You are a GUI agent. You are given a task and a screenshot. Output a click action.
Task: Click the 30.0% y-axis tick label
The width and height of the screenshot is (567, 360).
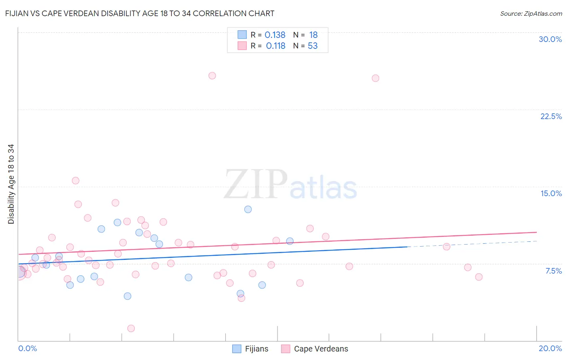point(550,39)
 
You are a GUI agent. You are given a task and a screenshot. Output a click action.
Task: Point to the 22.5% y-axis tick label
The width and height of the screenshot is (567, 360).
point(551,116)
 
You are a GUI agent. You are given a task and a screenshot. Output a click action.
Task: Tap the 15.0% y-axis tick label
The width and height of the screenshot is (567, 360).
point(551,193)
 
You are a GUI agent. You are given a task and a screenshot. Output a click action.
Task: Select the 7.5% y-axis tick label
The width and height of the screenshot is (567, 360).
point(553,271)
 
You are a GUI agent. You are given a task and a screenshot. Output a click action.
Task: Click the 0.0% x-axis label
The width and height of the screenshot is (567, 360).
point(27,348)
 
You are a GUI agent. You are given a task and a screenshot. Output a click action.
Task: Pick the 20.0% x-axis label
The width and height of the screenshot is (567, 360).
point(550,348)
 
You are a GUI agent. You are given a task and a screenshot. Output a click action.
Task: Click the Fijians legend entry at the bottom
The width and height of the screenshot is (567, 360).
point(250,349)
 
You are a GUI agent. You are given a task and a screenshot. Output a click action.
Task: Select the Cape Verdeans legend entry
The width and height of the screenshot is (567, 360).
point(315,349)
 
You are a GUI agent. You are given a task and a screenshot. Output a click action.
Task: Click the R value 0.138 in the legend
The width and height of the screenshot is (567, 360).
point(275,35)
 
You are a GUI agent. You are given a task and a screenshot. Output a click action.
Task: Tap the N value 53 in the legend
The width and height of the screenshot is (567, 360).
point(313,46)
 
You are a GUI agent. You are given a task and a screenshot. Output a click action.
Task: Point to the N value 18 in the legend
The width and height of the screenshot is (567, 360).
point(313,35)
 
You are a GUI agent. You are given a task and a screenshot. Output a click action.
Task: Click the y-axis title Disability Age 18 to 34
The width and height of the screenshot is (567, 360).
point(11,184)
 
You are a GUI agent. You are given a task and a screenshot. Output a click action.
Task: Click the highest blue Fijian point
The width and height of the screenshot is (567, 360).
point(248,209)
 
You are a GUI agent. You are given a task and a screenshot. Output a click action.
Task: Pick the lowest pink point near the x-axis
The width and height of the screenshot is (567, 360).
point(131,328)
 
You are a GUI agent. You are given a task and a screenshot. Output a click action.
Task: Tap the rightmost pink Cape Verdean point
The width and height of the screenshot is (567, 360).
point(479,277)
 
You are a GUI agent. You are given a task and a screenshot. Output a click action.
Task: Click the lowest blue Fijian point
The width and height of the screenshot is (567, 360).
point(127,296)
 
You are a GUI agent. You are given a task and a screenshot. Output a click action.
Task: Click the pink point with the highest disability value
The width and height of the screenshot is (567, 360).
point(212,75)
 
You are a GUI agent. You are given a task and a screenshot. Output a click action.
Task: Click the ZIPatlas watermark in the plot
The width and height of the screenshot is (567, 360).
point(290,185)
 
